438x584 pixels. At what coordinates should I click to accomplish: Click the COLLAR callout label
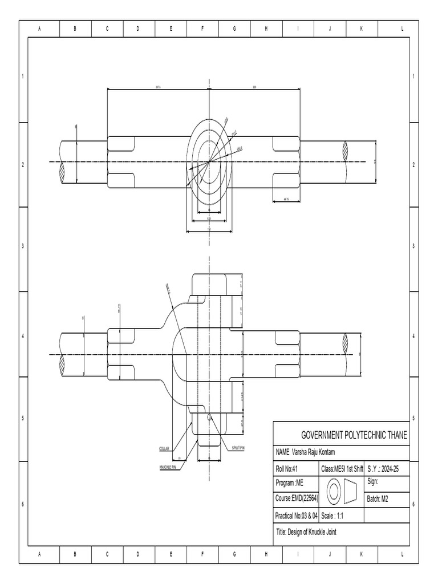[x=165, y=449]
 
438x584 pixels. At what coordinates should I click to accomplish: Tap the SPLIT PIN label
[x=238, y=448]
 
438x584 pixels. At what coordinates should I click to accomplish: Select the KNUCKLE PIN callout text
[x=168, y=467]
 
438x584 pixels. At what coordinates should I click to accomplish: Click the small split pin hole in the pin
[x=210, y=417]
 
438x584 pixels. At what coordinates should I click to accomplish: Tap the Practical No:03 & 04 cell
[x=297, y=516]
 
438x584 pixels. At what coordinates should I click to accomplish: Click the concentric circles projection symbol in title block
[x=333, y=490]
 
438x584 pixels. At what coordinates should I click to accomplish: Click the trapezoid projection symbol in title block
[x=350, y=490]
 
